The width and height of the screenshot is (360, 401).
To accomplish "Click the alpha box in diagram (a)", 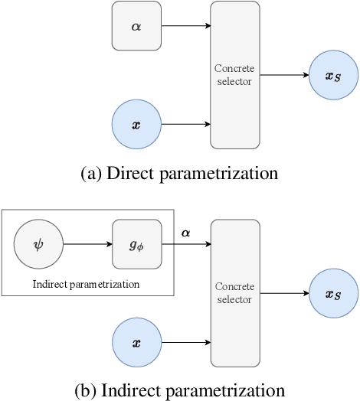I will (x=136, y=25).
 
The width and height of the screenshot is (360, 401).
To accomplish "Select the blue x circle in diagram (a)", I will (x=137, y=123).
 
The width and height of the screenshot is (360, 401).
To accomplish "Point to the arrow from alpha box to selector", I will (x=186, y=25).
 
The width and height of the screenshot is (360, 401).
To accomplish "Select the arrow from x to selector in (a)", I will (x=186, y=123).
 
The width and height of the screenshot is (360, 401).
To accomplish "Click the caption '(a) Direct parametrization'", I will (x=179, y=173).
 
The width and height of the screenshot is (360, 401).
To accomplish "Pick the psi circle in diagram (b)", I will (x=38, y=245).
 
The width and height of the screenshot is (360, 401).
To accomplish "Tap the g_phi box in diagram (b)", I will (x=136, y=245).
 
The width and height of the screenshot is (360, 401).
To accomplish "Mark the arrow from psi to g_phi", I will (x=87, y=245).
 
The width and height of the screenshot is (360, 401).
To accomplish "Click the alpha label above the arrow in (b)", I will (x=186, y=232).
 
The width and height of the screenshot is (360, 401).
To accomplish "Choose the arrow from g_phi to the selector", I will (x=186, y=245).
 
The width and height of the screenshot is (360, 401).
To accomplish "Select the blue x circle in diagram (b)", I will (x=137, y=343).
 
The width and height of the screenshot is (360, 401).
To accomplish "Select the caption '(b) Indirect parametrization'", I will (x=179, y=390).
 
